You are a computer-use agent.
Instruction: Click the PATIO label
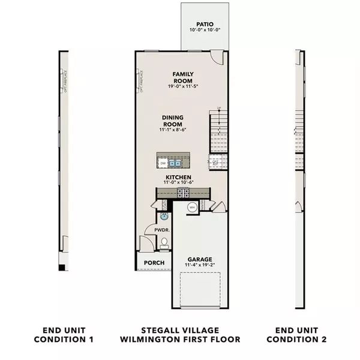[x=204, y=25]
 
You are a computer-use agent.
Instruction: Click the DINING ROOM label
[x=172, y=121]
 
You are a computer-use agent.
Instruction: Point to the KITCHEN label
[x=179, y=178]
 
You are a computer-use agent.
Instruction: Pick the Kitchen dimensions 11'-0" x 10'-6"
[x=179, y=184]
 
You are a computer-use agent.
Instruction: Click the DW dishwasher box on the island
[x=163, y=163]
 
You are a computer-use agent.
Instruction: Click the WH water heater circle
[x=193, y=208]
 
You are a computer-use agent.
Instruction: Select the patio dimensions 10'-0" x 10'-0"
[x=204, y=31]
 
